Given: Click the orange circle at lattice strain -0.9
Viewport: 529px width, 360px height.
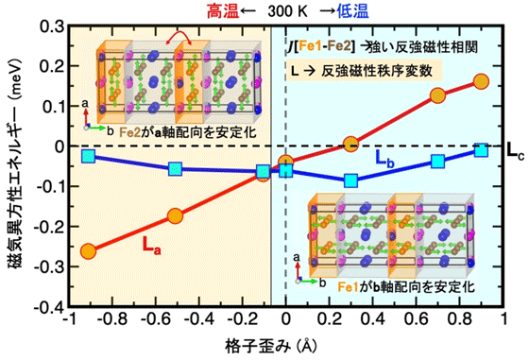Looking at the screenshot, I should [x=89, y=251].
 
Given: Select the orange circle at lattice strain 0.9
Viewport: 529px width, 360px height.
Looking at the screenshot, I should [x=481, y=80].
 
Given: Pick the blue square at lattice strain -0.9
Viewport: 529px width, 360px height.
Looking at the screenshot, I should [x=89, y=156].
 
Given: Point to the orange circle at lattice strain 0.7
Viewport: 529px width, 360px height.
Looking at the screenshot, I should [x=437, y=95].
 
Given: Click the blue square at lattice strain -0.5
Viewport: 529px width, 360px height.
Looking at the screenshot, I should [x=176, y=169].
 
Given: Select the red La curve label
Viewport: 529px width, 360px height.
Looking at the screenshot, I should [x=152, y=243].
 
